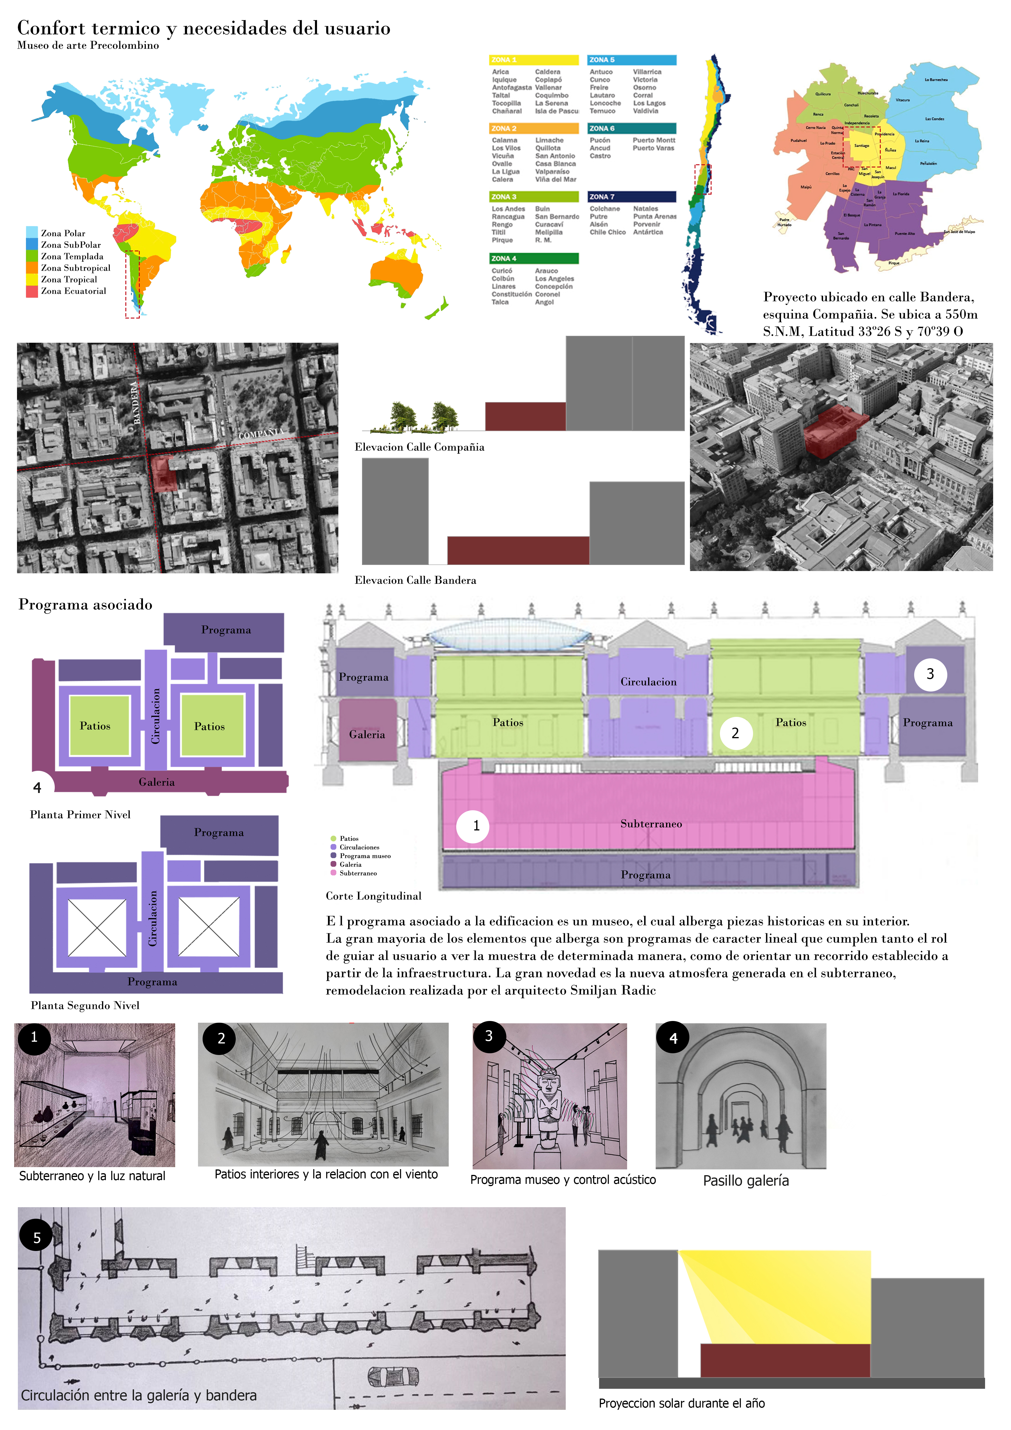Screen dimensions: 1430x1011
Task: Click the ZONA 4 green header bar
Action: [533, 259]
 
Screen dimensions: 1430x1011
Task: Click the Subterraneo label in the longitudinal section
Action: [650, 824]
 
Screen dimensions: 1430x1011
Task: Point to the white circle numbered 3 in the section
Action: [930, 674]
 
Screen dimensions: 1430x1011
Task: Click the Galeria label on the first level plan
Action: [156, 782]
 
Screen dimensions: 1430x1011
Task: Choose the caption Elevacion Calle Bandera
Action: [415, 581]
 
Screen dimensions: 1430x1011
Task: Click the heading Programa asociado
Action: [85, 605]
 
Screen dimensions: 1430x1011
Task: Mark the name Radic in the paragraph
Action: [641, 990]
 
